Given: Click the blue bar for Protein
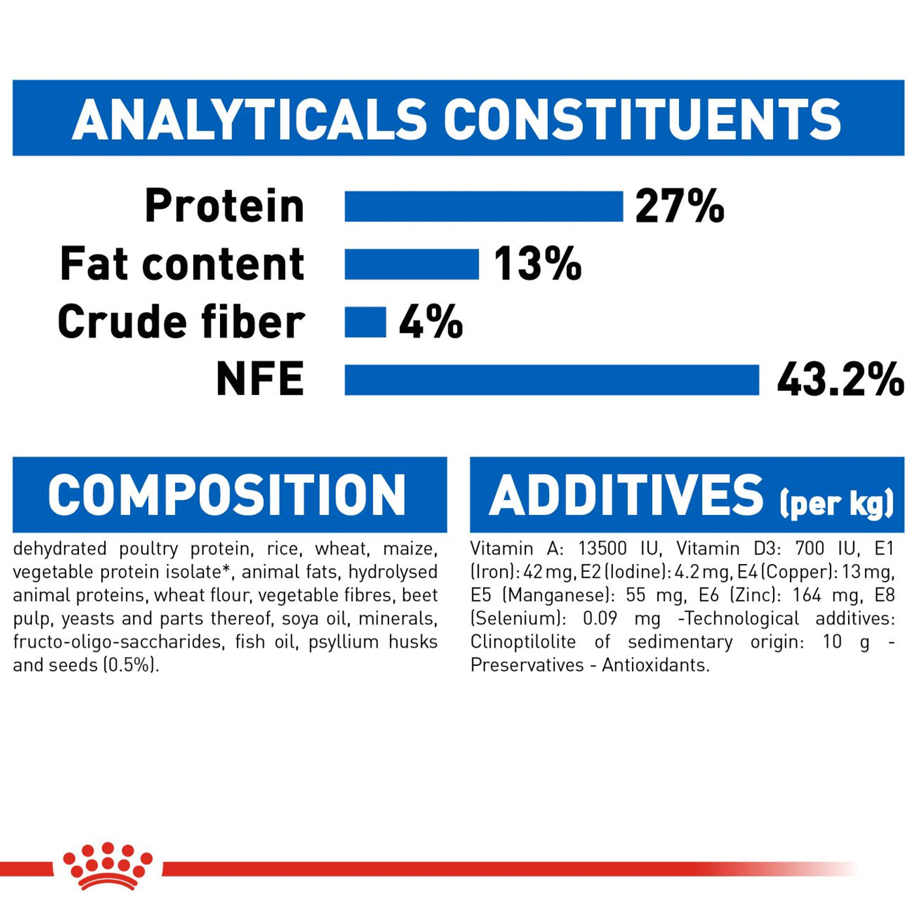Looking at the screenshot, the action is [x=483, y=206].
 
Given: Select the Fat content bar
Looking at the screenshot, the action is [x=412, y=264].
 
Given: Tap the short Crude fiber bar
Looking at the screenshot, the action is [x=365, y=322].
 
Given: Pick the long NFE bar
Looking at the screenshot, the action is [x=552, y=380].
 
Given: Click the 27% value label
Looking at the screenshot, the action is [x=680, y=206].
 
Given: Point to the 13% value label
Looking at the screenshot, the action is [x=537, y=264].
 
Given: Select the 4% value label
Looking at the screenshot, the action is [x=431, y=322].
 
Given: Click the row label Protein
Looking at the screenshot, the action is [x=225, y=206].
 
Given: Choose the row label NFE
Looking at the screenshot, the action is [x=260, y=379].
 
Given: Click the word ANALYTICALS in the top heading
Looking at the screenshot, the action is [x=249, y=119].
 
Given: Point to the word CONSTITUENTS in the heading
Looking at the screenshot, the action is [x=642, y=119].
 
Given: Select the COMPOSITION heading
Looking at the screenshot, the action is [x=227, y=495].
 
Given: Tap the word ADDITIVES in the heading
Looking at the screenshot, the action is [x=627, y=495].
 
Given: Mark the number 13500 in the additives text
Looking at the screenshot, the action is [x=603, y=549].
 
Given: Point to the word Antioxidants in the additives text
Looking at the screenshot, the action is [x=655, y=665].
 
